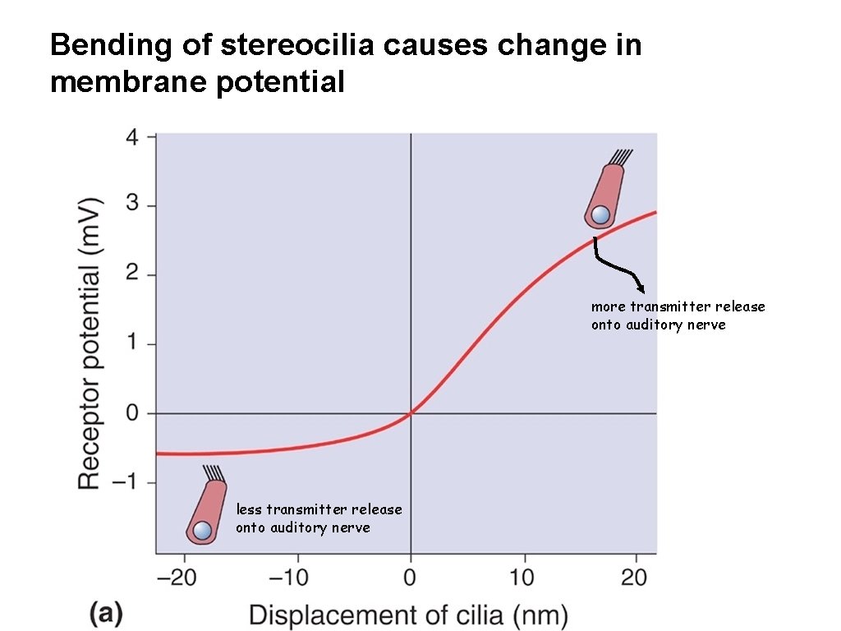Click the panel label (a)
click(106, 614)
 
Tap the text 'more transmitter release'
click(678, 306)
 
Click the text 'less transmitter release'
click(319, 509)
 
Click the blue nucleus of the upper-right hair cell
click(600, 215)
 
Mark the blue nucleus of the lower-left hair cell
click(201, 530)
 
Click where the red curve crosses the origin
click(411, 413)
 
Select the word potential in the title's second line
click(279, 82)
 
